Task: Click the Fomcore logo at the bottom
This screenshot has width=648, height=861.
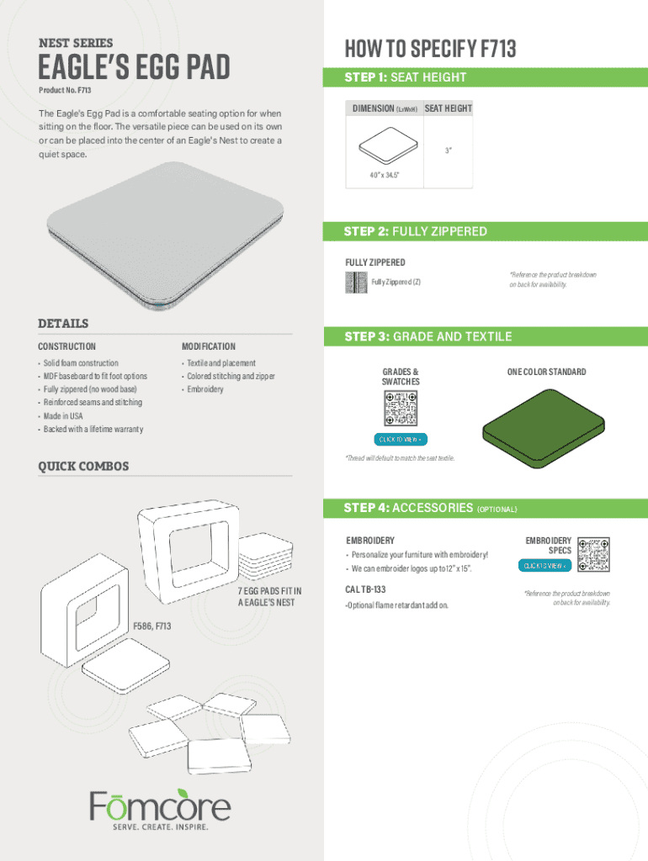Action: pyautogui.click(x=160, y=809)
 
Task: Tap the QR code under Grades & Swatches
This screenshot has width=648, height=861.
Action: pyautogui.click(x=401, y=408)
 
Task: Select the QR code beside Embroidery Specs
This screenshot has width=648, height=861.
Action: pyautogui.click(x=593, y=554)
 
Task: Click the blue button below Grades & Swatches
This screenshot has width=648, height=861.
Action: pyautogui.click(x=401, y=439)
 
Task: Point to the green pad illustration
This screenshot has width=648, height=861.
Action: pyautogui.click(x=543, y=428)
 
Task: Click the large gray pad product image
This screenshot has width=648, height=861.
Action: pyautogui.click(x=165, y=235)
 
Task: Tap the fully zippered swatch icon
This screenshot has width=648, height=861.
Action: pyautogui.click(x=356, y=283)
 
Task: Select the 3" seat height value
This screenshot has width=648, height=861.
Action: pyautogui.click(x=449, y=150)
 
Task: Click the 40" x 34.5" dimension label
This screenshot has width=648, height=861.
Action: pyautogui.click(x=385, y=175)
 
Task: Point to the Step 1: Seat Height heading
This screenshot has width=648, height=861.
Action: pyautogui.click(x=405, y=77)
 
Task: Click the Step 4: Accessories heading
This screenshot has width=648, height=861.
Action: pyautogui.click(x=430, y=508)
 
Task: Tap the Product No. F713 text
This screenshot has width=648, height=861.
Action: pyautogui.click(x=65, y=90)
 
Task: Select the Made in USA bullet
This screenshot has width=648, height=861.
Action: pyautogui.click(x=62, y=415)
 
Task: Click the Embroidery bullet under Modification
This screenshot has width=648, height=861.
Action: pyautogui.click(x=205, y=389)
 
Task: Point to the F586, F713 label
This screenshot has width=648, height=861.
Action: pyautogui.click(x=151, y=626)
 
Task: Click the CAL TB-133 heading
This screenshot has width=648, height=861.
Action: pyautogui.click(x=365, y=589)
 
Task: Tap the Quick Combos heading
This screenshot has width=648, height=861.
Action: pyautogui.click(x=83, y=466)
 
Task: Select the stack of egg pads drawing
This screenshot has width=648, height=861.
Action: pyautogui.click(x=266, y=556)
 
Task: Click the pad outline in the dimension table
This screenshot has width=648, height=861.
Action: pyautogui.click(x=389, y=145)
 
